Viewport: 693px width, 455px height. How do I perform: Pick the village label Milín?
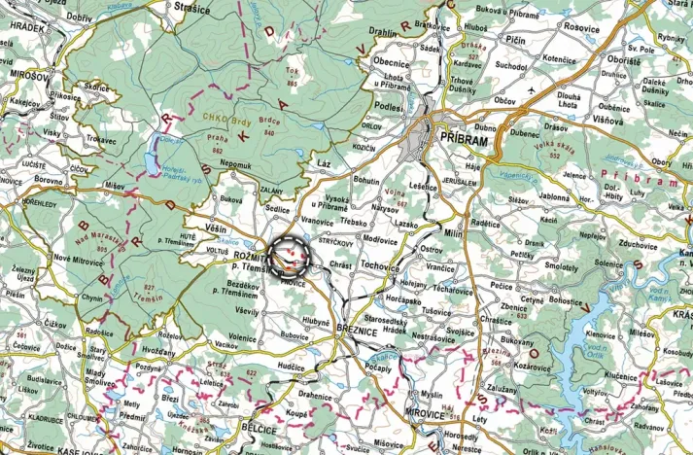tap(454, 233)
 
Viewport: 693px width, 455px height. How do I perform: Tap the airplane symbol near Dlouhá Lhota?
tap(533, 90)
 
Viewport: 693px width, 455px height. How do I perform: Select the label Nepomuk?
tap(235, 165)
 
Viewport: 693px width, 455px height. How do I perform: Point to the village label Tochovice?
tap(380, 264)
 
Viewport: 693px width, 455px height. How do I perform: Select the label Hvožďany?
tap(159, 349)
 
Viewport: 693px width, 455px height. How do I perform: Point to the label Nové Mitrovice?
tap(77, 259)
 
